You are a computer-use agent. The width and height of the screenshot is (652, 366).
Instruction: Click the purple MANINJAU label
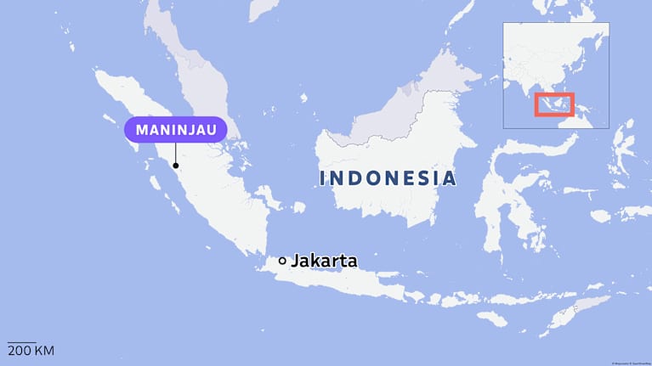tap(176, 130)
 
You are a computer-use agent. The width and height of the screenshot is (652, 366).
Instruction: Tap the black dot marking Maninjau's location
tap(176, 166)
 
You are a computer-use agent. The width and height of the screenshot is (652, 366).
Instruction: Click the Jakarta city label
tap(324, 261)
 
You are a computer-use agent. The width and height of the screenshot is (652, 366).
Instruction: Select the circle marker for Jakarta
tap(282, 261)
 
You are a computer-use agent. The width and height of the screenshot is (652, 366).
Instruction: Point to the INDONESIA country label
tap(388, 179)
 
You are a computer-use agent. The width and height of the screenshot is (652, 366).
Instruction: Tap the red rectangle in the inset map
tap(554, 104)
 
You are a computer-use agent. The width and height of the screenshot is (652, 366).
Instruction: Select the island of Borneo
tap(400, 153)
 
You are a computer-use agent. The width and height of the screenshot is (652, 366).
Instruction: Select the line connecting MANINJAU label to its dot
tap(176, 153)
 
